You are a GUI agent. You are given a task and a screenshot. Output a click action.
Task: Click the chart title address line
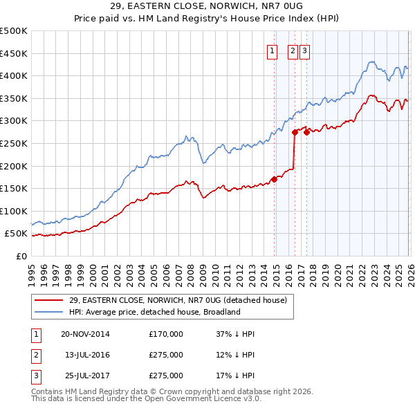coord(207,7)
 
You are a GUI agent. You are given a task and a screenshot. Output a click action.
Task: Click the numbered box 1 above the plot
coord(272,50)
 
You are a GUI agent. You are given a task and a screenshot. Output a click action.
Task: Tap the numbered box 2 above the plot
coord(293,50)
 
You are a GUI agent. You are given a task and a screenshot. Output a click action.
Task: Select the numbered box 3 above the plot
coord(305,50)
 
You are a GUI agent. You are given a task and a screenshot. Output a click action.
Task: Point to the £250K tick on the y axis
coord(14,143)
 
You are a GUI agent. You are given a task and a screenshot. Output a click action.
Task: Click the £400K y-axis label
coord(14,76)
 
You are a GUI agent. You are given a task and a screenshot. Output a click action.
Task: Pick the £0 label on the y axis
coord(21,256)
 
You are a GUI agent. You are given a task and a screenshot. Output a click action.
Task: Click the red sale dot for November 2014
coord(275,179)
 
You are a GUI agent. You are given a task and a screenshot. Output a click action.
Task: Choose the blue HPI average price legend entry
coord(154,312)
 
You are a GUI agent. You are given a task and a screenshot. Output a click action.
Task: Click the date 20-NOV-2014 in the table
coord(86,334)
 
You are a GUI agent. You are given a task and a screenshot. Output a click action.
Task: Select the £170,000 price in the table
coord(166,334)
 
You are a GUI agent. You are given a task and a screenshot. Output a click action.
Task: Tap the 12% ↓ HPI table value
coord(235,355)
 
